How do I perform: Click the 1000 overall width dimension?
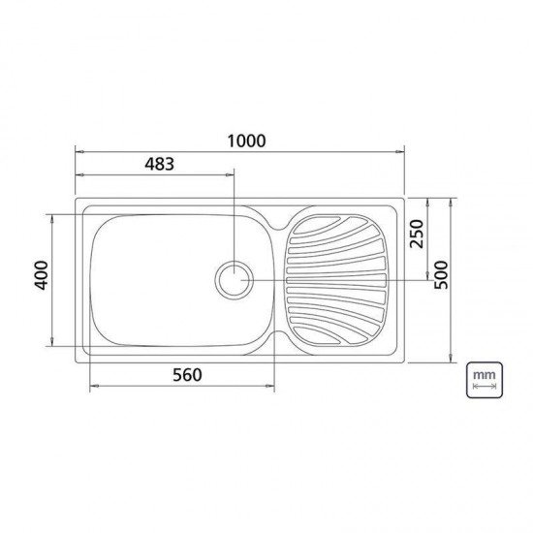tap(240, 141)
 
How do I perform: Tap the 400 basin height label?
tap(40, 281)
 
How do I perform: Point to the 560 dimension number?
tap(182, 375)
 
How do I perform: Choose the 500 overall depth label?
tap(443, 281)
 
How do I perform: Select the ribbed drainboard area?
tap(337, 280)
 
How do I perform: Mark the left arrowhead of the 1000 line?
tap(78, 151)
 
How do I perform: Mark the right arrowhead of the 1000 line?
tap(401, 151)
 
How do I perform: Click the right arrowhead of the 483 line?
tap(231, 174)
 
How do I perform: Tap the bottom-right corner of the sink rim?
tap(402, 361)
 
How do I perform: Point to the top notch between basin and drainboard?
tap(279, 226)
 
